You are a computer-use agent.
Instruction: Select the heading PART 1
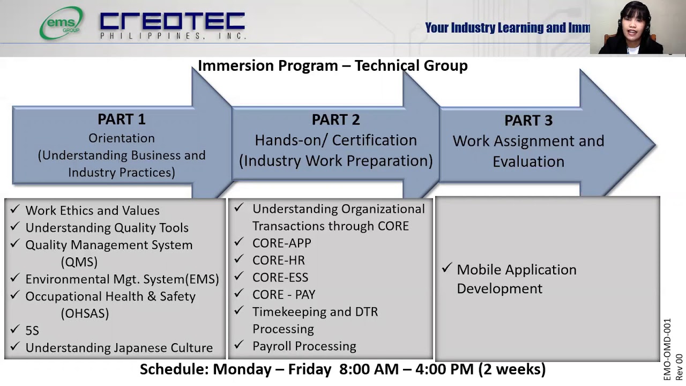(122, 119)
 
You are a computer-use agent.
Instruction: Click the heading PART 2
(335, 120)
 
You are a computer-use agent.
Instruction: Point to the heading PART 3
(528, 121)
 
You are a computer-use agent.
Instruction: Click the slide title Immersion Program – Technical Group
(332, 65)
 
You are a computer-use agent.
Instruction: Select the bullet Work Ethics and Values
(92, 211)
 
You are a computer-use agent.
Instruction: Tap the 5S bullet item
(32, 331)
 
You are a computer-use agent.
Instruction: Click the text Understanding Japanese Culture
(119, 348)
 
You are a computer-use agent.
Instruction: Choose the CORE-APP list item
(281, 243)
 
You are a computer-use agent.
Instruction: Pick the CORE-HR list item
(278, 261)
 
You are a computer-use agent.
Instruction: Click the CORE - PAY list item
(284, 295)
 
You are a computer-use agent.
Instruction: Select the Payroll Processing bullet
(304, 346)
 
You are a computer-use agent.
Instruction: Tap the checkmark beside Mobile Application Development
(446, 268)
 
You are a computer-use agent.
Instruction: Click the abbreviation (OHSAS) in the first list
(85, 314)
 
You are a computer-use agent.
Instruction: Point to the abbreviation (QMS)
(79, 262)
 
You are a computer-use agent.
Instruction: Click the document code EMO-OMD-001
(667, 350)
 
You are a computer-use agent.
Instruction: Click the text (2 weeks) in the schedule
(512, 369)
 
